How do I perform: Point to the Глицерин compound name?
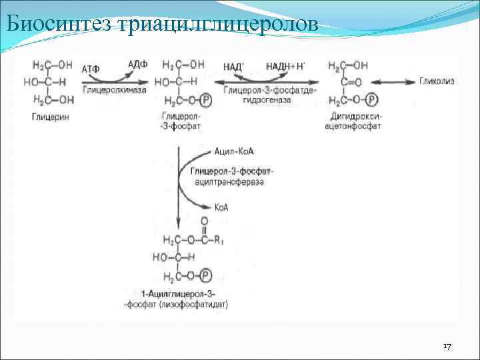(x=51, y=117)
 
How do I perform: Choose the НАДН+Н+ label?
(x=285, y=66)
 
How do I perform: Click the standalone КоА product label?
(x=221, y=207)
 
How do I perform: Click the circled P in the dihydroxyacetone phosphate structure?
(x=371, y=100)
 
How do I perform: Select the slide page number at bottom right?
(x=447, y=347)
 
